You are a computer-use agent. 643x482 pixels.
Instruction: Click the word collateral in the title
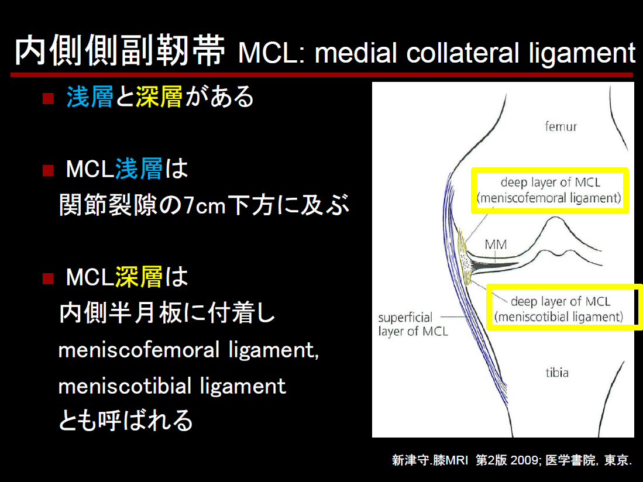pos(463,53)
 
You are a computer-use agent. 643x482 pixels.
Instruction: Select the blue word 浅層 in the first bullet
pos(90,97)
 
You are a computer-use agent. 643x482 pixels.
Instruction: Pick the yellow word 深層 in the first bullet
pos(159,97)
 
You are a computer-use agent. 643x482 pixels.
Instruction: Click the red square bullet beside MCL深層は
pos(49,278)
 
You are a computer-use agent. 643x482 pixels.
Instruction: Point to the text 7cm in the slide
pos(204,205)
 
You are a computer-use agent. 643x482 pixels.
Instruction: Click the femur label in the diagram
pos(561,126)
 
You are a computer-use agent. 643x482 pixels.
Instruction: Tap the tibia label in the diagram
pos(557,372)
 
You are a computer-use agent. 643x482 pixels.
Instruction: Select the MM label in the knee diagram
pos(496,245)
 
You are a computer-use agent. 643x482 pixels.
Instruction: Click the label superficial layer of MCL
pos(412,324)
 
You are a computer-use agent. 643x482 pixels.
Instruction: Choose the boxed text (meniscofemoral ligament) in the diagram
pos(549,198)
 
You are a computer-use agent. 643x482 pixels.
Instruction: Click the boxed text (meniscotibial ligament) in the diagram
pos(559,317)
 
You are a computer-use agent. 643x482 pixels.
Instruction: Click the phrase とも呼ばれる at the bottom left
pos(126,420)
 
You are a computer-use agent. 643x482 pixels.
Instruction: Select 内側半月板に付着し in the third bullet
pos(167,313)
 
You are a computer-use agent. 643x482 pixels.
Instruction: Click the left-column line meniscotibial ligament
pos(172,385)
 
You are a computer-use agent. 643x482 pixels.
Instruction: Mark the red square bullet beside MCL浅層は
pos(49,170)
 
